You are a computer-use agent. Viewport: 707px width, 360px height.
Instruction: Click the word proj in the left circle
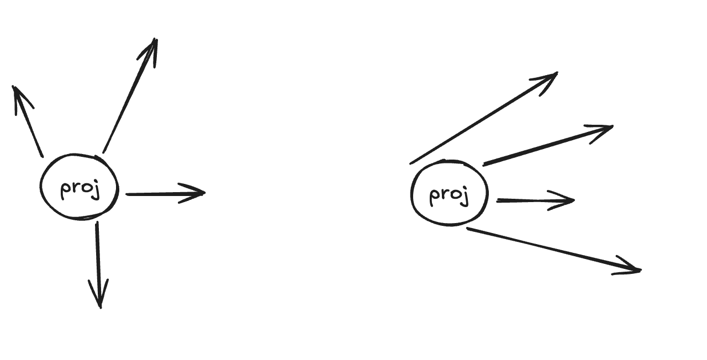(80, 189)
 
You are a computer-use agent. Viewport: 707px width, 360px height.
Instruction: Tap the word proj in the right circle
(449, 195)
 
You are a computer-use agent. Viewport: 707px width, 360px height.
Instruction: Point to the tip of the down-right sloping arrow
(639, 270)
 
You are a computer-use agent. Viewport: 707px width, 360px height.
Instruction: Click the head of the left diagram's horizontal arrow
(202, 193)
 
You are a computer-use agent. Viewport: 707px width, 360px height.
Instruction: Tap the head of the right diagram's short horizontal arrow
(572, 200)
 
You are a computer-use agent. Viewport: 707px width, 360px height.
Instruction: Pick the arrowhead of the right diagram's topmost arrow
(555, 73)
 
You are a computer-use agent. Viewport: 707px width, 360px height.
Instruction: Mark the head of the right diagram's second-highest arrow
(610, 128)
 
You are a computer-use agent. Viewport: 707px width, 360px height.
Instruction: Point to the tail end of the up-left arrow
(42, 156)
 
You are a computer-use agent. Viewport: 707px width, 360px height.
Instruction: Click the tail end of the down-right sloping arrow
(468, 228)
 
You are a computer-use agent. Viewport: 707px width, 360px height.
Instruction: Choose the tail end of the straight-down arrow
(97, 223)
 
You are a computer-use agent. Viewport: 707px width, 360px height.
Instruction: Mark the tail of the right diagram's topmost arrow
(411, 163)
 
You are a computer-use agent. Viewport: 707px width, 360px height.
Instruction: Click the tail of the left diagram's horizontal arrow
(127, 194)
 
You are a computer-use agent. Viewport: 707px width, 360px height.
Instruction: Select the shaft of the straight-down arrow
(98, 260)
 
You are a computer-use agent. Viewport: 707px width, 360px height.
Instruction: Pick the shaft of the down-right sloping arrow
(552, 249)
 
